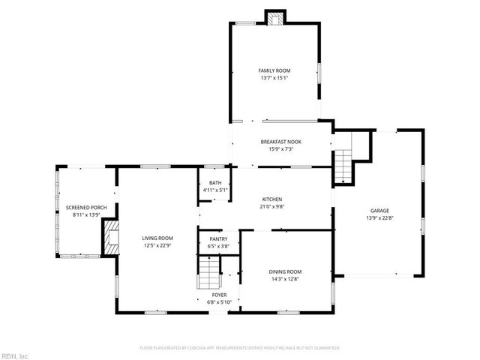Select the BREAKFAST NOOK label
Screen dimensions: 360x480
(281, 142)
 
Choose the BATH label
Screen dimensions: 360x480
(215, 183)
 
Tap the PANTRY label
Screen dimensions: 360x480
(218, 239)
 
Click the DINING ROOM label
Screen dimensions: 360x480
(285, 271)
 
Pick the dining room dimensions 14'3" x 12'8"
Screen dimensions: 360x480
(285, 279)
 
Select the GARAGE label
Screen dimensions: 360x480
(380, 211)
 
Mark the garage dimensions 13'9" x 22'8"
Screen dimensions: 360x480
(380, 218)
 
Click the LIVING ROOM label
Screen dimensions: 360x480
(157, 238)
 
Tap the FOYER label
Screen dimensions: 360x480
(219, 295)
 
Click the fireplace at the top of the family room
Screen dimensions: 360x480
(276, 18)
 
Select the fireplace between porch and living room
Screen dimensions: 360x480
(110, 236)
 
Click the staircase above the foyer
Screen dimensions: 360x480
(208, 273)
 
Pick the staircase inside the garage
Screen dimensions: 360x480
(343, 166)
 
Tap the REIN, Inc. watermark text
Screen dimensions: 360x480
(14, 355)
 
